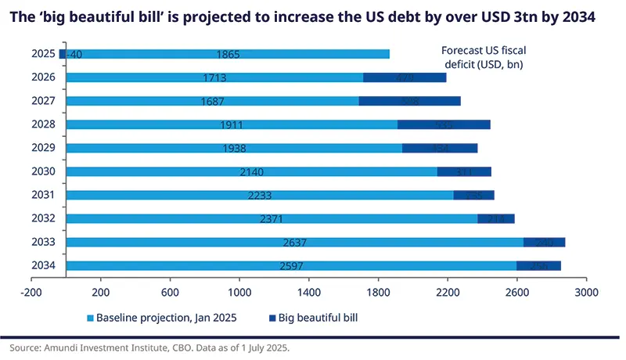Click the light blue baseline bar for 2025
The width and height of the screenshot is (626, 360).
(227, 54)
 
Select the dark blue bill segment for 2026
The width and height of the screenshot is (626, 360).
(405, 77)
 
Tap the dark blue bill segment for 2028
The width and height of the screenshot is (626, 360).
(444, 124)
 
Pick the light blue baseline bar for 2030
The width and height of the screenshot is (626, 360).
(251, 171)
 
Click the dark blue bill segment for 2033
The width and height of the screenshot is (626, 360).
(544, 242)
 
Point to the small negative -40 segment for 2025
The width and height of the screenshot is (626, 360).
(63, 54)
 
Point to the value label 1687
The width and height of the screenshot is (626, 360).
(212, 101)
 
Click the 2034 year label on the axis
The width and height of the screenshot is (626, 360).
(42, 265)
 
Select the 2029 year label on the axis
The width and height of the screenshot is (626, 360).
(42, 148)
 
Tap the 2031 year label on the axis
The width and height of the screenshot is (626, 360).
(42, 195)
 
